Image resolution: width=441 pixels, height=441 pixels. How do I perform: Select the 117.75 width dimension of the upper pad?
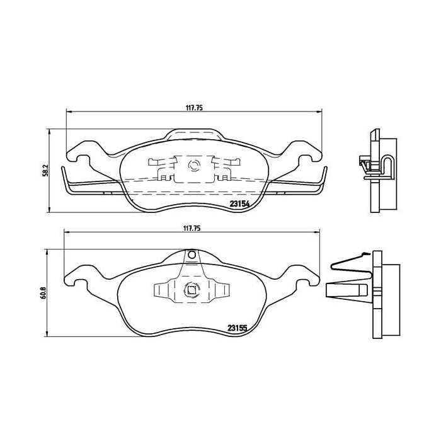(193, 108)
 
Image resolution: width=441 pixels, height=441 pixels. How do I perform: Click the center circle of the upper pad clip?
(193, 167)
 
